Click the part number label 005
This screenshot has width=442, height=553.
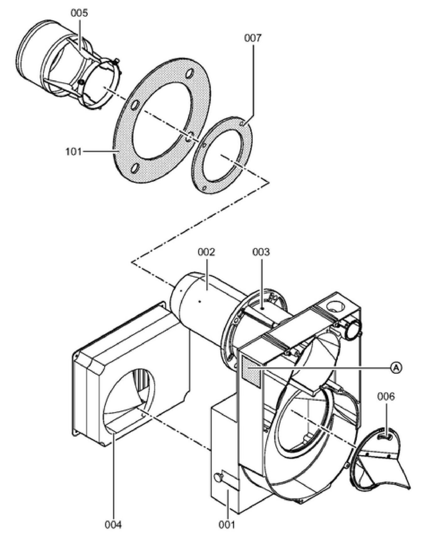(79, 13)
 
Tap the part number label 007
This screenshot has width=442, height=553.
(252, 38)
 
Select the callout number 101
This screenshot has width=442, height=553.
(73, 152)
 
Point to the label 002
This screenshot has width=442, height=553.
(206, 252)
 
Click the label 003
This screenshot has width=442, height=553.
(261, 252)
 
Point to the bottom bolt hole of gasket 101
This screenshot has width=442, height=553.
(135, 168)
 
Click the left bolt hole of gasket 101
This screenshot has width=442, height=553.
(134, 105)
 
